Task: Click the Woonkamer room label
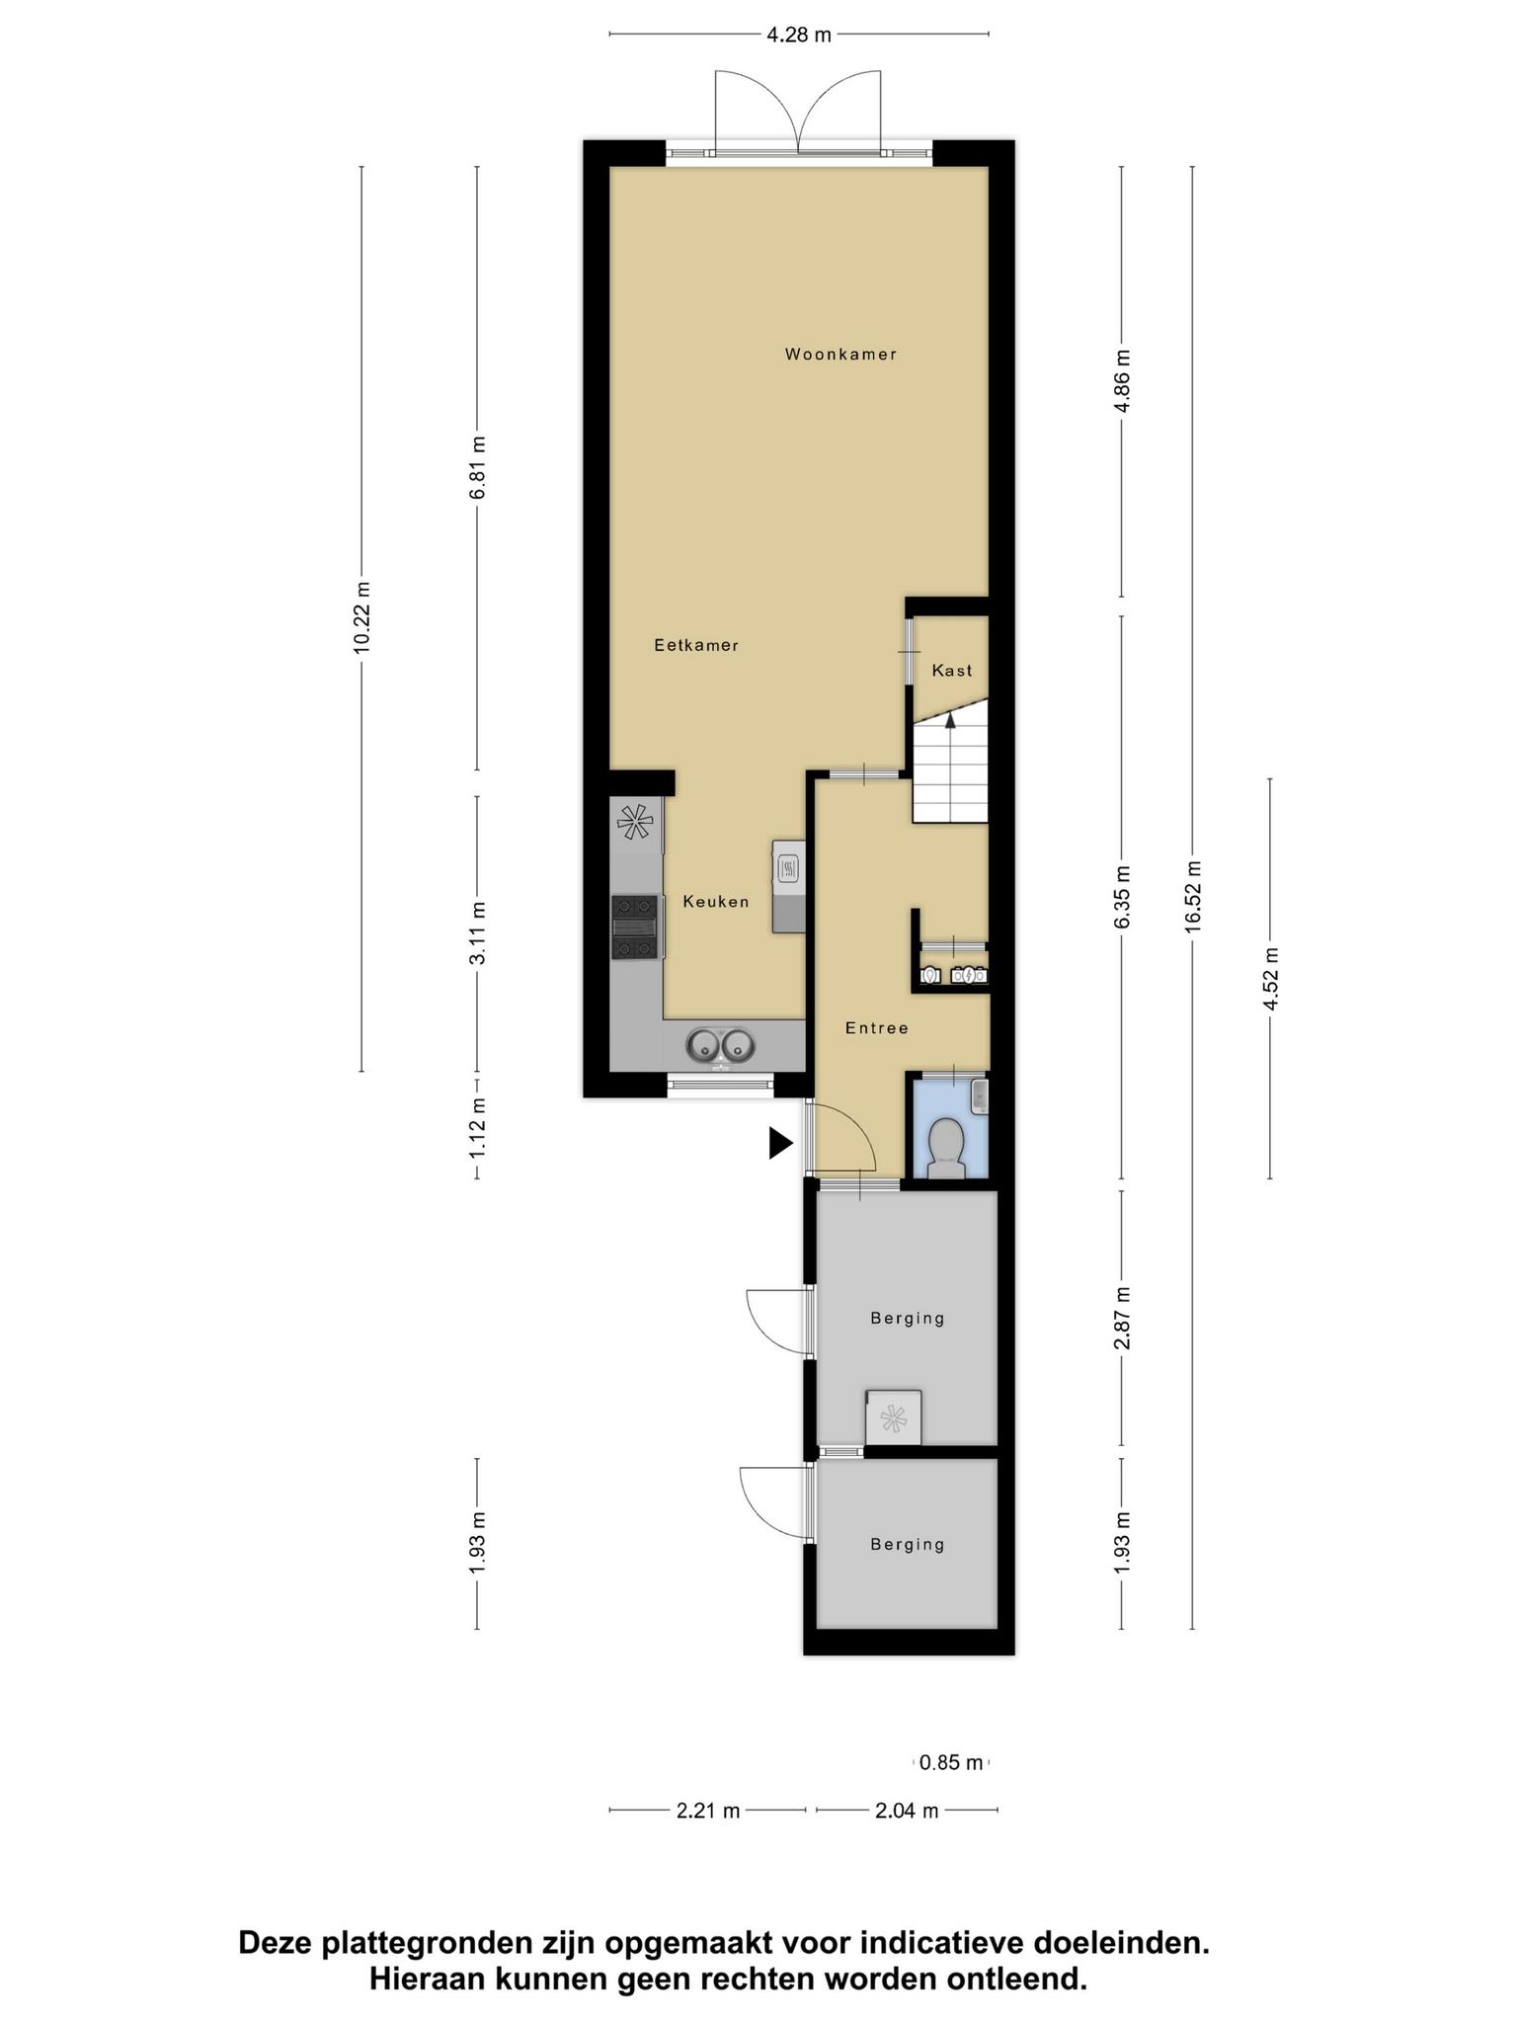(840, 354)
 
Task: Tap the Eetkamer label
(696, 645)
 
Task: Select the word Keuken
(716, 901)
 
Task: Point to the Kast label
(952, 670)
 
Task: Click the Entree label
(877, 1027)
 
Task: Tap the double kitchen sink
(721, 1045)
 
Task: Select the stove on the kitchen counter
(635, 927)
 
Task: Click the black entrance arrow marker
(781, 1144)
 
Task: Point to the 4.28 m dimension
(799, 36)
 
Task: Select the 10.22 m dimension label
(361, 616)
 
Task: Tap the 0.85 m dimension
(951, 1761)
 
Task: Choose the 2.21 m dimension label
(708, 1811)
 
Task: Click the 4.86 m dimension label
(1122, 381)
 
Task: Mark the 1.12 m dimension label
(478, 1129)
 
